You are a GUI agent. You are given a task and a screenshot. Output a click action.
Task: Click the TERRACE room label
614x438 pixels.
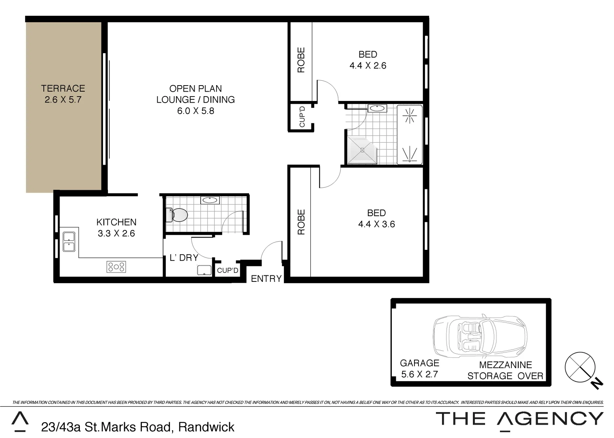(63, 88)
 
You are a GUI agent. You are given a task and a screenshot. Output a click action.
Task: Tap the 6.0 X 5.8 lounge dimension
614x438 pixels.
(195, 111)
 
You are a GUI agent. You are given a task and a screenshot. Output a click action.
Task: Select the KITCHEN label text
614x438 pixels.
(116, 222)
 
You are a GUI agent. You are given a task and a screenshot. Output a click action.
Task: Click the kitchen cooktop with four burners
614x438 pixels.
(116, 266)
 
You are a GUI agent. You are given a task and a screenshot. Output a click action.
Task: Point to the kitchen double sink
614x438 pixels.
(69, 241)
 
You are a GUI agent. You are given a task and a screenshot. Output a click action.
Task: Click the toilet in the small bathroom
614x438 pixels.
(177, 215)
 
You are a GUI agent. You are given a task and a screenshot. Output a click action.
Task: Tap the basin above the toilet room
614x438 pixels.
(210, 200)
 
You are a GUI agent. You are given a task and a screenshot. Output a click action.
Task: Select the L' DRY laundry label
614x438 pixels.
(184, 258)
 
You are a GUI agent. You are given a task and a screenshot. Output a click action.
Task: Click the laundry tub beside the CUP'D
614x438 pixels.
(204, 270)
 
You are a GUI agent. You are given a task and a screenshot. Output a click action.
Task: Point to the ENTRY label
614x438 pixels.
(266, 279)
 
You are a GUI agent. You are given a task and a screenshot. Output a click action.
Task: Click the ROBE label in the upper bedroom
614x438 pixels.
(301, 60)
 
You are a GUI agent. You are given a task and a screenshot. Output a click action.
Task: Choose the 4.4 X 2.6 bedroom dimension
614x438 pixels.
(368, 65)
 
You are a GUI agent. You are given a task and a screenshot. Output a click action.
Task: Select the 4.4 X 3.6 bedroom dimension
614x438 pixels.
(376, 224)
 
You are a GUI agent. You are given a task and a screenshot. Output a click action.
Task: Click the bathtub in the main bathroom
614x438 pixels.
(410, 135)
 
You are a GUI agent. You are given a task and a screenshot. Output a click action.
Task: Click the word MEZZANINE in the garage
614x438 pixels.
(505, 365)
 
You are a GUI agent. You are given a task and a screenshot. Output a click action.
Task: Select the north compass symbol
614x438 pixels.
(581, 367)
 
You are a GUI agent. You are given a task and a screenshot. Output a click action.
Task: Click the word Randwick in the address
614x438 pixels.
(206, 427)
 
